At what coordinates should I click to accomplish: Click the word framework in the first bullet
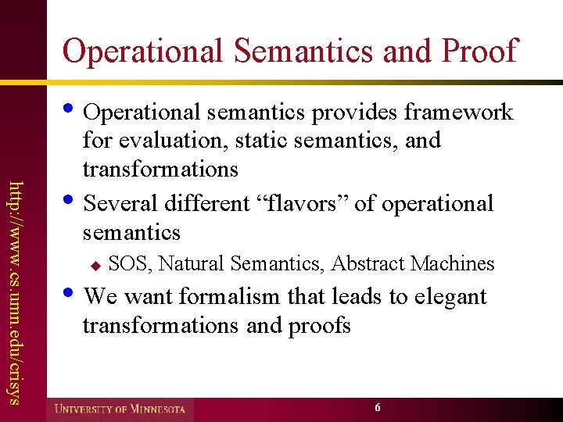click(x=458, y=113)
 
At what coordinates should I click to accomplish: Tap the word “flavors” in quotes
click(x=301, y=203)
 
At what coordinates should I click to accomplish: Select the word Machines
click(x=455, y=264)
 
